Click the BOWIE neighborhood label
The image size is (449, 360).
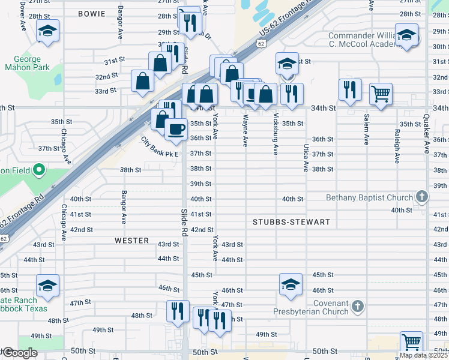coord(91,13)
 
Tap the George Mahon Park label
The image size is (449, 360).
coord(23,64)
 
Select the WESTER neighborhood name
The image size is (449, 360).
coord(131,241)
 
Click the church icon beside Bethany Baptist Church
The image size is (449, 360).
coord(422,197)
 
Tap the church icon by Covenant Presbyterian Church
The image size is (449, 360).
coord(357,307)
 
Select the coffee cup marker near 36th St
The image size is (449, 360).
coord(175,129)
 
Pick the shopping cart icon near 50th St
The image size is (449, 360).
coord(412,342)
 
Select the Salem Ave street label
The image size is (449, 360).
coord(366,130)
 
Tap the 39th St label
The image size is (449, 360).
coord(200,184)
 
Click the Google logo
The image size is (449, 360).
coord(19,353)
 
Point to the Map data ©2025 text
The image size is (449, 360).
coord(424,355)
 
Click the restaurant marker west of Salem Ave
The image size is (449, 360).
coord(348,89)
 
